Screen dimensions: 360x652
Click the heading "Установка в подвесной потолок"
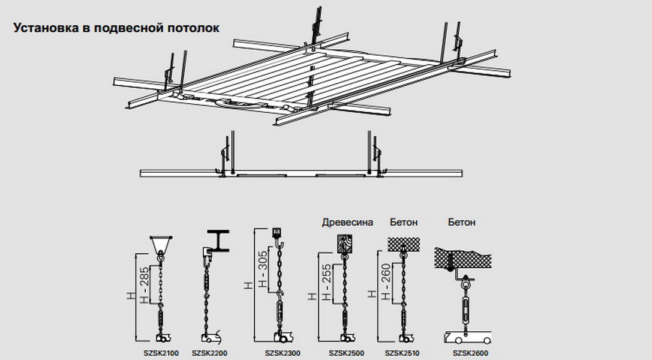click(116, 28)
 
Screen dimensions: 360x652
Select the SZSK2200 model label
click(210, 353)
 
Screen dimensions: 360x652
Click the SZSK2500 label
click(347, 353)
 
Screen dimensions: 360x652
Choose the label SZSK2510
click(401, 353)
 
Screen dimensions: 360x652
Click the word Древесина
click(347, 223)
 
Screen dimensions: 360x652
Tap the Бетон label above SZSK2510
click(404, 223)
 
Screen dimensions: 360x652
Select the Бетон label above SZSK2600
click(462, 223)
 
